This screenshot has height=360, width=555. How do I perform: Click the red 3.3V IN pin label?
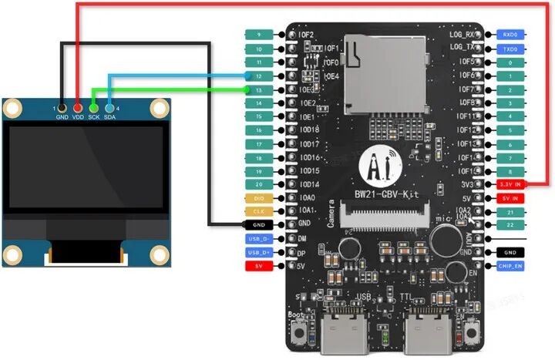click(x=510, y=185)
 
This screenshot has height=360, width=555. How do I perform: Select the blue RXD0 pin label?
click(x=510, y=35)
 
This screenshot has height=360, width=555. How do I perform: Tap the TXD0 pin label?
click(x=510, y=49)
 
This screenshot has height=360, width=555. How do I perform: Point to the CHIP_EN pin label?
click(x=510, y=266)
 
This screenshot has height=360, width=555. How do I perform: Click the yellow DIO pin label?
click(x=258, y=198)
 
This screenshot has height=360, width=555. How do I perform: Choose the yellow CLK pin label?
click(x=258, y=211)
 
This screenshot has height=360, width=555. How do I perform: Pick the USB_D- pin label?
click(x=258, y=239)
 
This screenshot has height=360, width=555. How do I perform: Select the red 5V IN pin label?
click(x=510, y=198)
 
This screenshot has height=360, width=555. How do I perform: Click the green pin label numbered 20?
click(x=258, y=184)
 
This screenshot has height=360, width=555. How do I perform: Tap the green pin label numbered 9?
click(x=258, y=35)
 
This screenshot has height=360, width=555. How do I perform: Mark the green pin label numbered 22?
click(x=510, y=225)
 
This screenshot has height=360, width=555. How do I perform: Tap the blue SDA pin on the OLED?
click(x=109, y=107)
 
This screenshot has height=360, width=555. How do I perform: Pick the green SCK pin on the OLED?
click(x=93, y=107)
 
